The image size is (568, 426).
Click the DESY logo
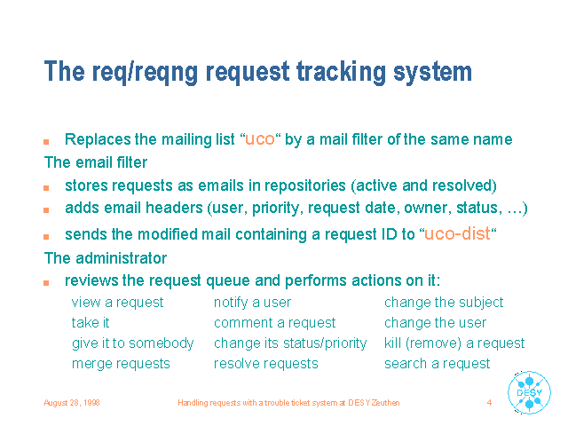click(x=529, y=392)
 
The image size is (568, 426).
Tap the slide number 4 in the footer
click(x=489, y=402)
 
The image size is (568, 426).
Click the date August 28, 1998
click(x=72, y=403)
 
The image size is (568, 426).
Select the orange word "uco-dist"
click(x=457, y=233)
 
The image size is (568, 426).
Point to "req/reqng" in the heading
click(x=145, y=73)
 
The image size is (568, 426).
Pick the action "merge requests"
click(x=121, y=364)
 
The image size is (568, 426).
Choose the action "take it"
click(x=91, y=322)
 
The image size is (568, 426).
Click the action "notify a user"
click(x=252, y=303)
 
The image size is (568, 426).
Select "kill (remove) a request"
click(x=454, y=343)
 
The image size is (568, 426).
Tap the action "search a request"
click(x=438, y=364)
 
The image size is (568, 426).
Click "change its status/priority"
click(x=290, y=343)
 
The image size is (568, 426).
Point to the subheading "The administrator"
click(x=106, y=258)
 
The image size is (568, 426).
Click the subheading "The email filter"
click(x=96, y=162)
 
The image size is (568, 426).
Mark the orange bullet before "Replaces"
click(x=46, y=142)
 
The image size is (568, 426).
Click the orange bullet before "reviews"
click(x=46, y=283)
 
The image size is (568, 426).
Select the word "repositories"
click(x=304, y=185)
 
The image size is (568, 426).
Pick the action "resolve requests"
click(x=266, y=364)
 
